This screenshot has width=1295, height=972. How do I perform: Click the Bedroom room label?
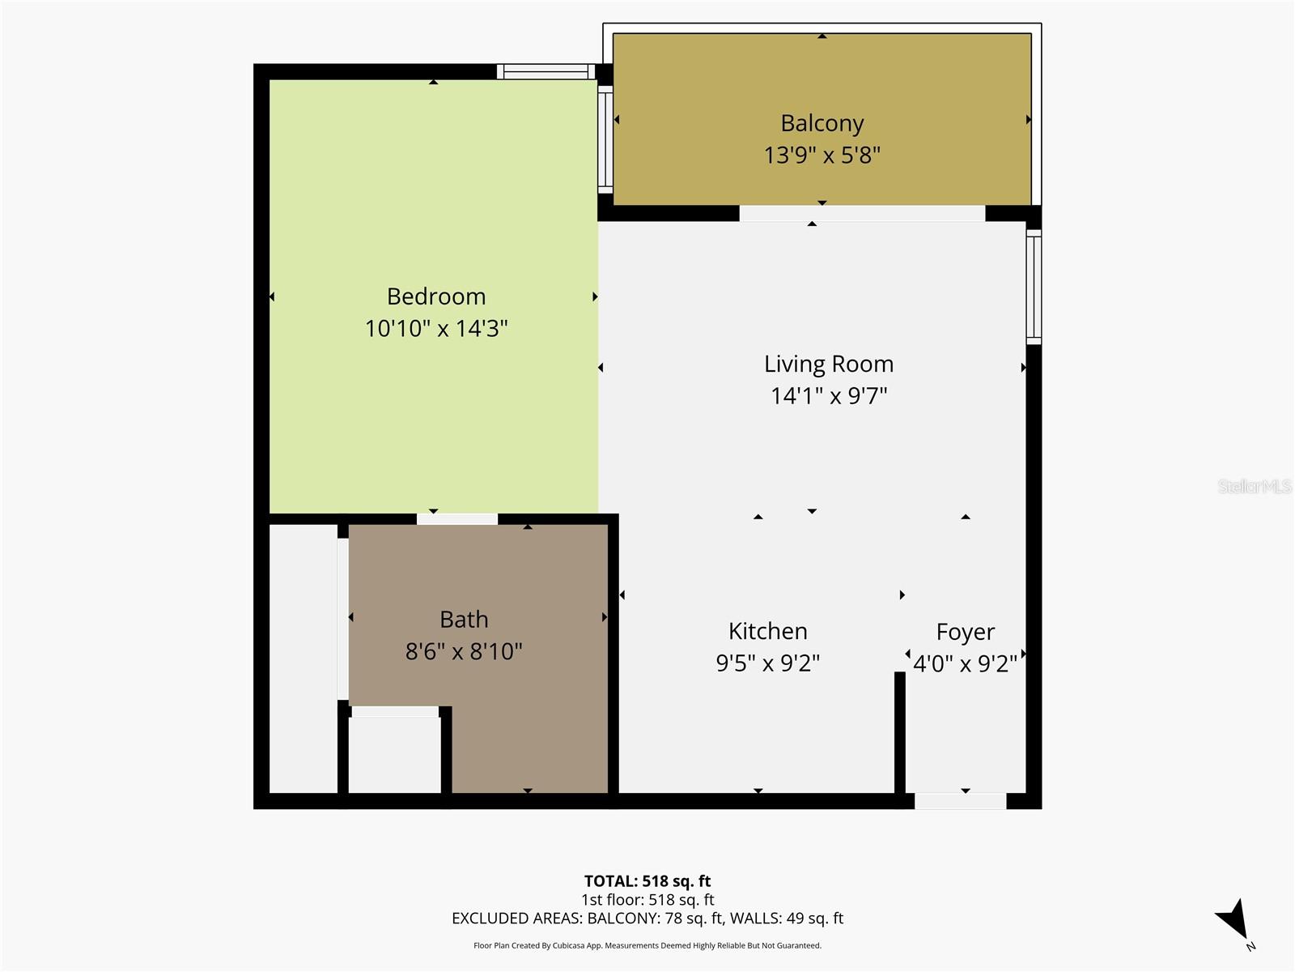(436, 296)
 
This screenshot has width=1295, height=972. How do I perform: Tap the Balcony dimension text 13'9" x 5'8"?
(822, 155)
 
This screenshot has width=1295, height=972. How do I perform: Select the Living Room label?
(829, 364)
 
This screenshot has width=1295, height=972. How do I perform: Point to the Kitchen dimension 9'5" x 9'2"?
(767, 663)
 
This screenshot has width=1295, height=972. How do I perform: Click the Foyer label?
(965, 632)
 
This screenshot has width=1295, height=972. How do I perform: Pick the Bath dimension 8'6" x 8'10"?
(464, 651)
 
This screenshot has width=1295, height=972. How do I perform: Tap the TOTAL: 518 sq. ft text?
(647, 881)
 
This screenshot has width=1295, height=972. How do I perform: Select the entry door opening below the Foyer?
(960, 801)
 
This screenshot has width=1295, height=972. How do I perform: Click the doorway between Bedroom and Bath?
(457, 519)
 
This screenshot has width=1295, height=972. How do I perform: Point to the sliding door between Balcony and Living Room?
(862, 214)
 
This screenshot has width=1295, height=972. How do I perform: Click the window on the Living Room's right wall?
(1034, 287)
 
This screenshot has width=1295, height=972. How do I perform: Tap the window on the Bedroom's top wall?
(546, 72)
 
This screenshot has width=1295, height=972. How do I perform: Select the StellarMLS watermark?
(1254, 486)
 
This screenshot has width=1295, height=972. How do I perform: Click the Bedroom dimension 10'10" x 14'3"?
(436, 329)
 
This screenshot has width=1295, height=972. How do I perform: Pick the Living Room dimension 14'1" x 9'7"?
(829, 396)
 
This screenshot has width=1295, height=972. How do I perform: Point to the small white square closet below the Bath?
(394, 753)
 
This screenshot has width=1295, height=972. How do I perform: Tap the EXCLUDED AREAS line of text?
(647, 919)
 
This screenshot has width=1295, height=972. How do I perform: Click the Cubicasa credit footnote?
(647, 945)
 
